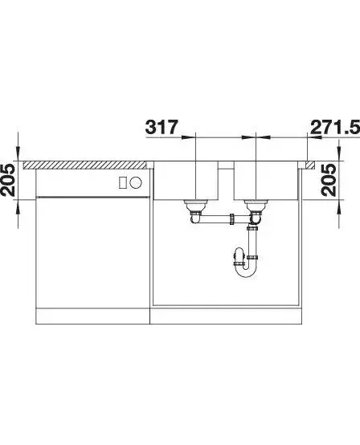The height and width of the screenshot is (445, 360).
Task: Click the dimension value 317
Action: pos(162,127)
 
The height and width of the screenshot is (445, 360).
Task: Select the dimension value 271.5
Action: pos(335,127)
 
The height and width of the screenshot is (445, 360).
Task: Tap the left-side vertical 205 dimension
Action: pos(8,180)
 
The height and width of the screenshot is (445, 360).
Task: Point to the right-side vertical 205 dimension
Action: pos(329,180)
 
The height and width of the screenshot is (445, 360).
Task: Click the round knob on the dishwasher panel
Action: pos(136,182)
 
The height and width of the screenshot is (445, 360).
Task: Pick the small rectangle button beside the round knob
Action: pos(122,182)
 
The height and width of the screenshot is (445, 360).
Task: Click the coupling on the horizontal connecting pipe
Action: pos(232,219)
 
